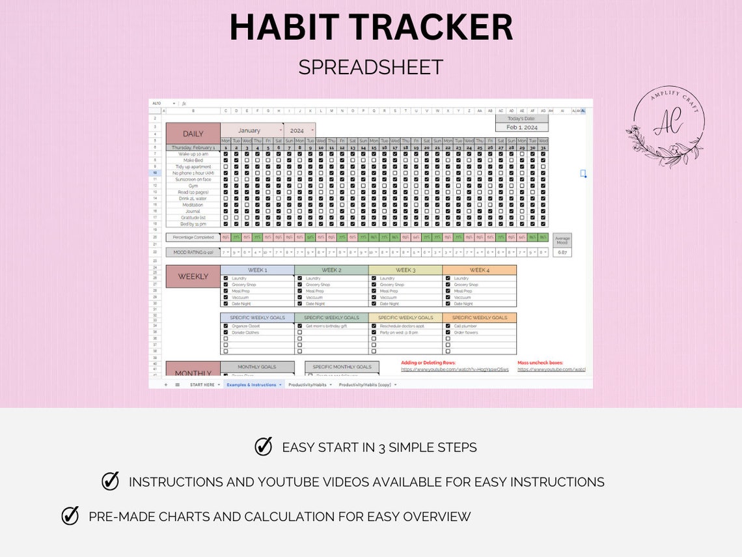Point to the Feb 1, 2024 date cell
point(521,128)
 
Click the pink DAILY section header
point(193,134)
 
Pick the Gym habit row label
point(193,186)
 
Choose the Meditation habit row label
point(193,205)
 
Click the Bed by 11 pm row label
point(193,224)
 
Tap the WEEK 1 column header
point(257,270)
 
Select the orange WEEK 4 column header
point(479,270)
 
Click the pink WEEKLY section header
point(193,276)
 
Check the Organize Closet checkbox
point(226,326)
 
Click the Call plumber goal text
point(463,326)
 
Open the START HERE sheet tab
point(202,385)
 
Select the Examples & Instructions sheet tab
point(251,385)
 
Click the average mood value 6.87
point(562,252)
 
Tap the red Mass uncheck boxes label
point(540,363)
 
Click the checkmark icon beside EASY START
point(263,447)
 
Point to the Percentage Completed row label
point(193,238)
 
